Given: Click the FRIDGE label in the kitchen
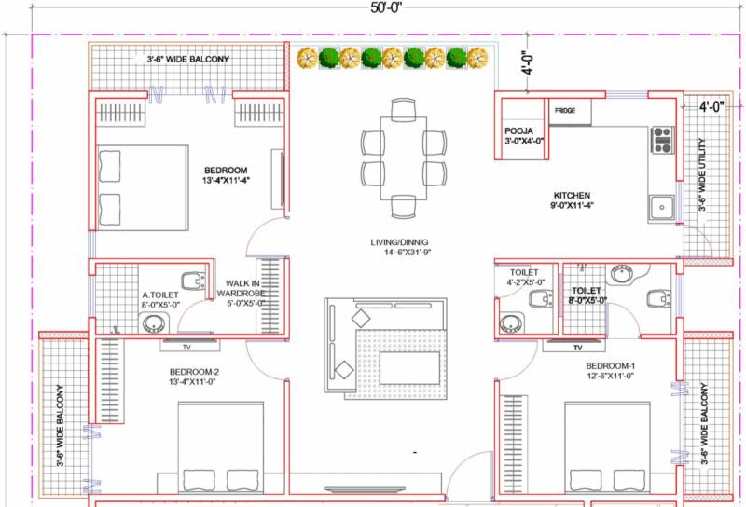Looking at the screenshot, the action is pos(565,110).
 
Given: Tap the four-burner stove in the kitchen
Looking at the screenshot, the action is pos(662,140).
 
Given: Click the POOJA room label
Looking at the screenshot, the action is pos(518,130).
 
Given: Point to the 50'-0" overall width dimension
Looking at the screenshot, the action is pos(386,8).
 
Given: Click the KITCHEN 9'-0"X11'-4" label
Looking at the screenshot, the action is pos(572,200).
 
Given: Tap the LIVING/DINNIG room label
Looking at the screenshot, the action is pos(400,242).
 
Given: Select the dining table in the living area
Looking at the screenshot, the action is pos(404,158).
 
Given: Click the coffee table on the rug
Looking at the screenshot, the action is pos(409,367).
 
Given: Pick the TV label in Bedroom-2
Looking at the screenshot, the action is pos(186,348).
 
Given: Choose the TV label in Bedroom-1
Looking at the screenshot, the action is pos(577,348).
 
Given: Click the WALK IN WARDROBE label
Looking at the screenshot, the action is pos(241,288).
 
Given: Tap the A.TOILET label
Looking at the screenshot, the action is pos(160,295).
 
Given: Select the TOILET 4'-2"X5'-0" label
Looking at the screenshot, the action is pos(525,278).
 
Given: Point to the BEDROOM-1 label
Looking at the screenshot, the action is pos(611,366).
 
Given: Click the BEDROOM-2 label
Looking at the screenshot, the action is pos(194,372).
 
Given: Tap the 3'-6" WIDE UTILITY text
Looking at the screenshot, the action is pos(702,174).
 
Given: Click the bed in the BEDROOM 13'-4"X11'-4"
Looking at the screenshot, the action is pos(143,188).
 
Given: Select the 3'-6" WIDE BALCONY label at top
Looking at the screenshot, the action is pos(188,60).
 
